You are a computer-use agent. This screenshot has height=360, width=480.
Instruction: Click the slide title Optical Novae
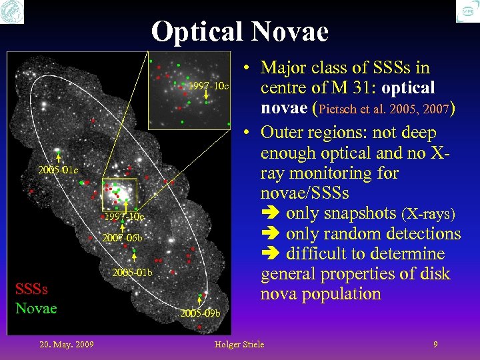point(240,31)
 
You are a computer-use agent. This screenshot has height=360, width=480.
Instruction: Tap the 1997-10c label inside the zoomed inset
point(209,87)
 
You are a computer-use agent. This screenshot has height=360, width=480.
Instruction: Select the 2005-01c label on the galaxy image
point(58,171)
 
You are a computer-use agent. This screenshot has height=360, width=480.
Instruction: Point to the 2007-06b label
point(122,238)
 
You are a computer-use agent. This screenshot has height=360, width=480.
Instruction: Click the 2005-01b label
point(132,273)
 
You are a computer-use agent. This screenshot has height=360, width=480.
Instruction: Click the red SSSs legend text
point(31,289)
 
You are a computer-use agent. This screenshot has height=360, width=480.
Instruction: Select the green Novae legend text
point(36,308)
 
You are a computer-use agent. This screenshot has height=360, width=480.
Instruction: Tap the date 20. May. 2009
point(66,344)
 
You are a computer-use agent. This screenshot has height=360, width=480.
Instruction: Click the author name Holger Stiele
point(239,344)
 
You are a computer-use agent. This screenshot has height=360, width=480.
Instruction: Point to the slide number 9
point(435,344)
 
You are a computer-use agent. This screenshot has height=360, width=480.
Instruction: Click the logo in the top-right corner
point(467,11)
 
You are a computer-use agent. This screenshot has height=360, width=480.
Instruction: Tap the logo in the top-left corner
point(12,11)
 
